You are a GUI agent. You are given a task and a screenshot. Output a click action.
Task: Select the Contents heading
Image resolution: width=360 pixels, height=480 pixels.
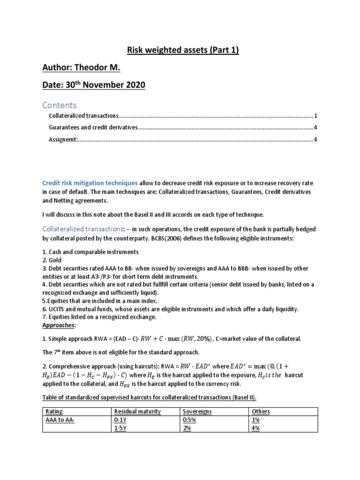(60, 105)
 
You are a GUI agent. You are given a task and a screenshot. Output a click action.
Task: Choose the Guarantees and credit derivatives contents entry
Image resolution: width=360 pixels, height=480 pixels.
(93, 127)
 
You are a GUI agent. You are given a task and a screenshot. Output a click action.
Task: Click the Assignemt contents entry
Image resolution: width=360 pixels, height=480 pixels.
(63, 139)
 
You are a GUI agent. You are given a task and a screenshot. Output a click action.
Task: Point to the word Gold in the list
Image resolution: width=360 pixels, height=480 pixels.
(55, 260)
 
